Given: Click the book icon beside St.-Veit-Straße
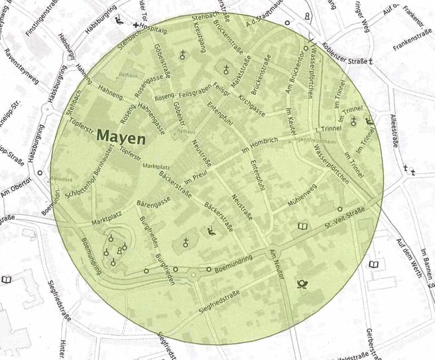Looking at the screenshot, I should pos(303,227).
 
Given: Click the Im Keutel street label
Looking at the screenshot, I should pos(290,121).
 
